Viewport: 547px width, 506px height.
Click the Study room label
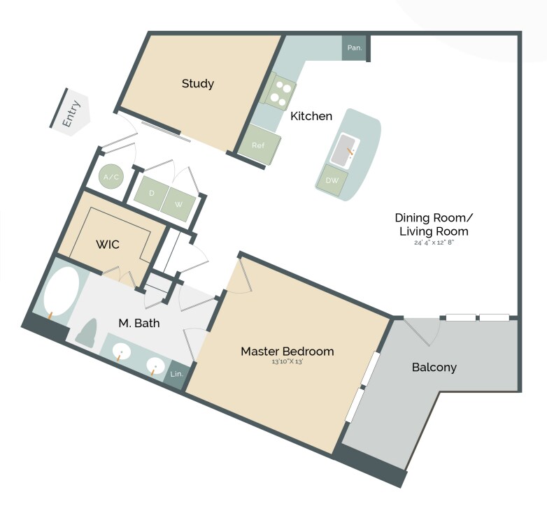coord(197,84)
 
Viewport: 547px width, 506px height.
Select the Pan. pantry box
coord(355,48)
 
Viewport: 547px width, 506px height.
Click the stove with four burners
coord(283,92)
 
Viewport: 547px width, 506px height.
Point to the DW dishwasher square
coord(332,180)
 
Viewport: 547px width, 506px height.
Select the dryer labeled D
coord(151,191)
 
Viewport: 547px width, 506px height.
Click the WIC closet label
coord(108,245)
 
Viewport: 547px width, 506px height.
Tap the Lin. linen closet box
coord(176,375)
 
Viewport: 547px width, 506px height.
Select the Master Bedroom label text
coord(287,351)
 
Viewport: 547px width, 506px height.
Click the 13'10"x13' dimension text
coord(287,362)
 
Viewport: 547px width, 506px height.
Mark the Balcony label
coord(434,367)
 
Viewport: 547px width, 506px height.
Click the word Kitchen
coord(311,116)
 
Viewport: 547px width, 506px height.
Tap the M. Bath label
coord(138,323)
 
